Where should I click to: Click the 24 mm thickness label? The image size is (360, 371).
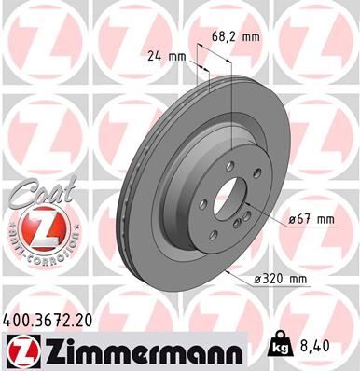167,57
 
